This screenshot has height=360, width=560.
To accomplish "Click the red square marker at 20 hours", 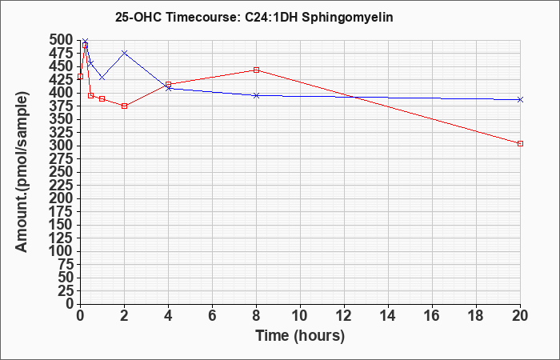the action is pyautogui.click(x=520, y=143).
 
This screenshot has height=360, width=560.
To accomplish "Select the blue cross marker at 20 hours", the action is pyautogui.click(x=520, y=100).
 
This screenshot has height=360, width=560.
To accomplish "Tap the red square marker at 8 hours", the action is pyautogui.click(x=256, y=70).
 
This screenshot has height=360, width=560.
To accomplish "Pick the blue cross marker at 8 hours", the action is pyautogui.click(x=256, y=95).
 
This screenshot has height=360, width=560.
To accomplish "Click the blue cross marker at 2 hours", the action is pyautogui.click(x=124, y=53).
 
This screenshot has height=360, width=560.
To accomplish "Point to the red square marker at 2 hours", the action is pyautogui.click(x=124, y=106).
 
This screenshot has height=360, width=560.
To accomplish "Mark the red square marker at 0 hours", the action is pyautogui.click(x=80, y=77).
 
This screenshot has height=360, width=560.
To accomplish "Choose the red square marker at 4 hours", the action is pyautogui.click(x=168, y=84).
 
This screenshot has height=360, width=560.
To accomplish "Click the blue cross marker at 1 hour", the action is pyautogui.click(x=102, y=78).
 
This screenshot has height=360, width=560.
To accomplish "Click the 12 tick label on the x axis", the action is pyautogui.click(x=344, y=316).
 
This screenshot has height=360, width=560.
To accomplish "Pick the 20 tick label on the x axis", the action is pyautogui.click(x=520, y=316).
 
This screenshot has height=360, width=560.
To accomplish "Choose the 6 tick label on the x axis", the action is pyautogui.click(x=212, y=316).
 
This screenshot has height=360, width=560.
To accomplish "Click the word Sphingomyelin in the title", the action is pyautogui.click(x=347, y=17).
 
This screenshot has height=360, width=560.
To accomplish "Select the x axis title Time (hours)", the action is pyautogui.click(x=300, y=336).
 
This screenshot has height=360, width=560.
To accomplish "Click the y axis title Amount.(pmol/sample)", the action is pyautogui.click(x=22, y=172).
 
